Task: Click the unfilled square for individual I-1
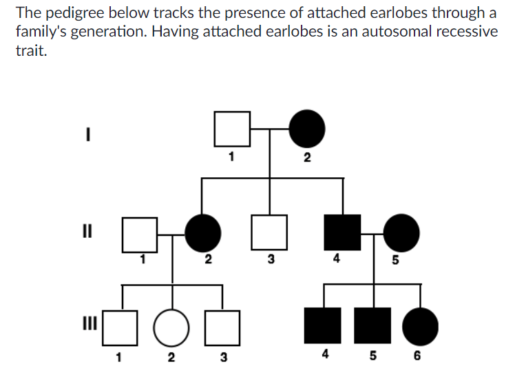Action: [232, 128]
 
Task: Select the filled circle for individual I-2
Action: [306, 128]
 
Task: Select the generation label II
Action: [89, 228]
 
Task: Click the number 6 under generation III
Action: [418, 356]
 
